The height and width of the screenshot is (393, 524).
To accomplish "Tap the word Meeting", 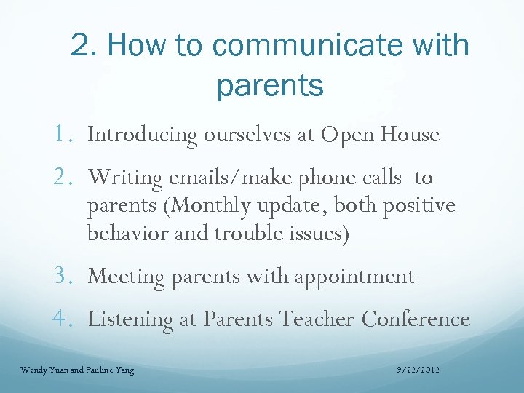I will click(x=127, y=277).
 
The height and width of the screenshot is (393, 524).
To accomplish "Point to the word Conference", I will click(x=416, y=319).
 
